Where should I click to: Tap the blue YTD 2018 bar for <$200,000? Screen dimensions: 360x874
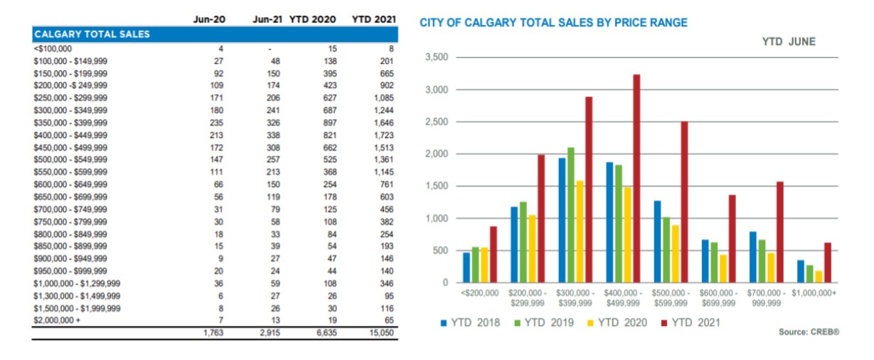tap(467, 268)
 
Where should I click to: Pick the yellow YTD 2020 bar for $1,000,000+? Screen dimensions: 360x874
tap(819, 277)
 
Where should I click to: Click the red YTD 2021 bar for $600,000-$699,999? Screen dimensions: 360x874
tap(732, 238)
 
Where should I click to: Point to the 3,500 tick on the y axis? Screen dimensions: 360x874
tap(437, 58)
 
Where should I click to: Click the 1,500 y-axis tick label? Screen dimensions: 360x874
tap(437, 186)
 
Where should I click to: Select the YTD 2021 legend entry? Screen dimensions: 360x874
tap(691, 322)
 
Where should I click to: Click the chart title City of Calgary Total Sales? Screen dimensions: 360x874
tap(553, 23)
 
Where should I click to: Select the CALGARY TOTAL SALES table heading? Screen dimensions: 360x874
tap(92, 34)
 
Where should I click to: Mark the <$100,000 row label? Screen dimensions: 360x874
tap(53, 48)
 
